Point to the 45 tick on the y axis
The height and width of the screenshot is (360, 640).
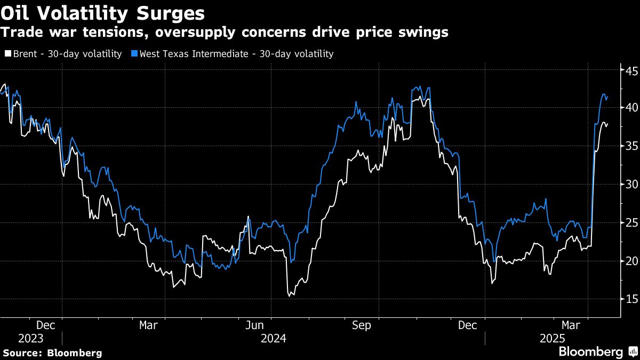631,70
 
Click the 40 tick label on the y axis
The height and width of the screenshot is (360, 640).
631,108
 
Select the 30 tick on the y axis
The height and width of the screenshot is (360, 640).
631,184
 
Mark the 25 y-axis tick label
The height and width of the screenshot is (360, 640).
631,222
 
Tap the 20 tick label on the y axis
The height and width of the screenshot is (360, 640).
631,261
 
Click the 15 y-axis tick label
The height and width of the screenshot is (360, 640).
631,299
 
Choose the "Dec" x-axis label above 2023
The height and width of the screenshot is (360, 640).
45,325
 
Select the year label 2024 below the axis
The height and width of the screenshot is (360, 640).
273,338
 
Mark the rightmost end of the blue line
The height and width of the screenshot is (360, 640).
608,96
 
